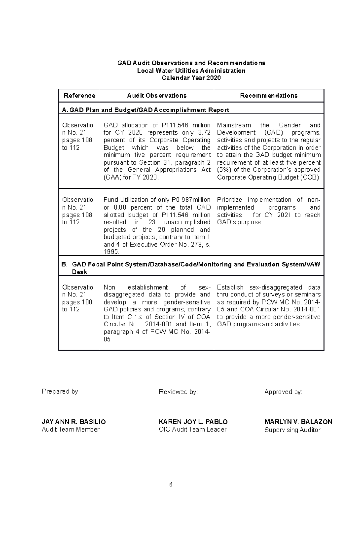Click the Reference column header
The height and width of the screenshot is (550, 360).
(x=79, y=96)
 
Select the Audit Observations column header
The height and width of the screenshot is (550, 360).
(x=157, y=96)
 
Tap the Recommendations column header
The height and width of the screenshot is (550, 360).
(x=268, y=96)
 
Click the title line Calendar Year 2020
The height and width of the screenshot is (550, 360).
(x=191, y=78)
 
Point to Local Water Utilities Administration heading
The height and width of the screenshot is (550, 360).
(x=191, y=71)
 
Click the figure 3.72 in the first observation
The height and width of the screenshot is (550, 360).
(x=204, y=132)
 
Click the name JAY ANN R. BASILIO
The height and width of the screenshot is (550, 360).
(x=73, y=422)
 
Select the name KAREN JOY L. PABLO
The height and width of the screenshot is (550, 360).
(x=193, y=422)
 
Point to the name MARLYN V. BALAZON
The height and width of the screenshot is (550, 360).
(x=298, y=422)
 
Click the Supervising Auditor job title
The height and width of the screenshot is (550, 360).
(x=292, y=430)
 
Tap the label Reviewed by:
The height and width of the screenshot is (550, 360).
(x=178, y=392)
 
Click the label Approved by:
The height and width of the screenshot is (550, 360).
(x=283, y=392)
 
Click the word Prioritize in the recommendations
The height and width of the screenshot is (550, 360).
(x=229, y=200)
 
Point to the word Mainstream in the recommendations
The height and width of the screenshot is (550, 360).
(x=234, y=125)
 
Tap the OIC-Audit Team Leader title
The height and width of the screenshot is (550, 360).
(x=192, y=430)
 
